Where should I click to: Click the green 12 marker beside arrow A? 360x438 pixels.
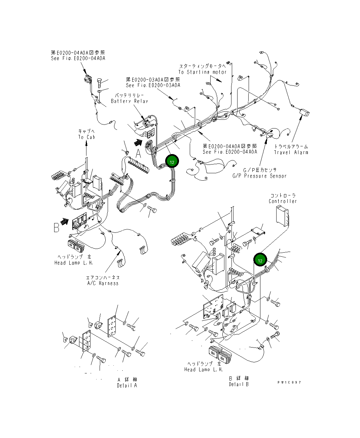point(172,161)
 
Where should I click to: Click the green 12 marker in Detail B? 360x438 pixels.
point(260,260)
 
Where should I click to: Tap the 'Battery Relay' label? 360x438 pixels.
point(130,101)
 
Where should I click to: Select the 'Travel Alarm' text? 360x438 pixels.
point(291,152)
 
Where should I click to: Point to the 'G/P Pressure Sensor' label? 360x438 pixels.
point(259,176)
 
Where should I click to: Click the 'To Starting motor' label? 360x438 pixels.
point(203,72)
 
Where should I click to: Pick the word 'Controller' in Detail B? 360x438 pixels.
point(283,201)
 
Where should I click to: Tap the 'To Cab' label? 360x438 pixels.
point(86,137)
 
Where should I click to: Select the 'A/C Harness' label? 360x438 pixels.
point(103,283)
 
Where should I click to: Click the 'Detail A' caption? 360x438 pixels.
point(127,386)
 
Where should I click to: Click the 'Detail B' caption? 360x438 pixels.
point(239,384)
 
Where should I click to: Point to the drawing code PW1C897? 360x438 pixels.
point(289,382)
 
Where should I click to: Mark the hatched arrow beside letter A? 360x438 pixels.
point(137,142)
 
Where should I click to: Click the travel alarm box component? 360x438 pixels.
point(305,113)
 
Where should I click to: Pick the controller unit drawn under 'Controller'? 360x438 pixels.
point(282,215)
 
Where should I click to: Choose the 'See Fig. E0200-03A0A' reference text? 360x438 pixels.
point(153,85)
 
